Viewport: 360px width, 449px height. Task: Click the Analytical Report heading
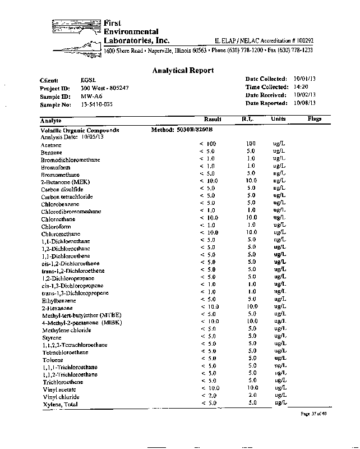point(183,71)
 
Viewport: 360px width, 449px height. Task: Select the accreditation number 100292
point(301,41)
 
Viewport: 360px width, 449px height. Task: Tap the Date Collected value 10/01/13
point(305,79)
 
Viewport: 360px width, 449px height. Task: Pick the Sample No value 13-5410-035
point(96,104)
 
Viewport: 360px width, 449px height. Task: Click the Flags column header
point(314,120)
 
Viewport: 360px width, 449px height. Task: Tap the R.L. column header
point(248,120)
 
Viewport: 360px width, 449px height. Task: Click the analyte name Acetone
point(51,145)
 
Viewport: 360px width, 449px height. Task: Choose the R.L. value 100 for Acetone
point(251,144)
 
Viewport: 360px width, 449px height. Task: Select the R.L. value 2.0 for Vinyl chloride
point(252,395)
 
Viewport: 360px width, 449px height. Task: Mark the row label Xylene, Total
point(60,404)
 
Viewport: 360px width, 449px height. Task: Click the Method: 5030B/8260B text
point(182,130)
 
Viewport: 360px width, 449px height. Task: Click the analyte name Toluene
point(52,360)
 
